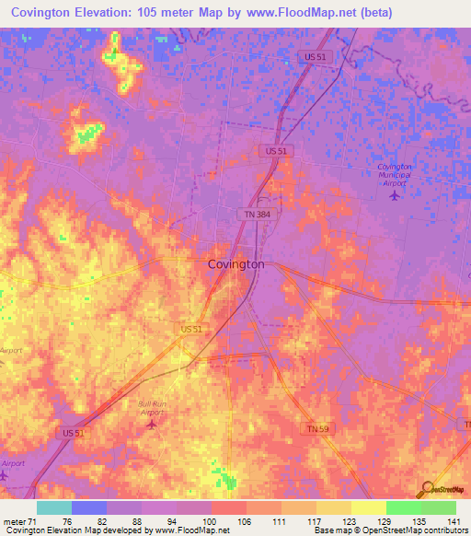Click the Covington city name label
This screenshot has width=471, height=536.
pos(236,264)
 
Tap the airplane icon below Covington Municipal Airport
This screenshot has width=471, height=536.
pos(396,194)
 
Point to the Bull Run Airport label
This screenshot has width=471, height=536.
pos(152,408)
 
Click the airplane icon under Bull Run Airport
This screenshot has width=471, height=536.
pos(152,424)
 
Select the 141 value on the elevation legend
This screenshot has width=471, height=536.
pos(451,521)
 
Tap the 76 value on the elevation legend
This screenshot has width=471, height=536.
pos(67,521)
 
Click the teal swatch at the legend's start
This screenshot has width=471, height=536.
pos(54,507)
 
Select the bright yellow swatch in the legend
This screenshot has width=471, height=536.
pos(369,507)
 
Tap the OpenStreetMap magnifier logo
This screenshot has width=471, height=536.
pos(426,490)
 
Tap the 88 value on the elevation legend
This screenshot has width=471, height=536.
pos(136,521)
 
